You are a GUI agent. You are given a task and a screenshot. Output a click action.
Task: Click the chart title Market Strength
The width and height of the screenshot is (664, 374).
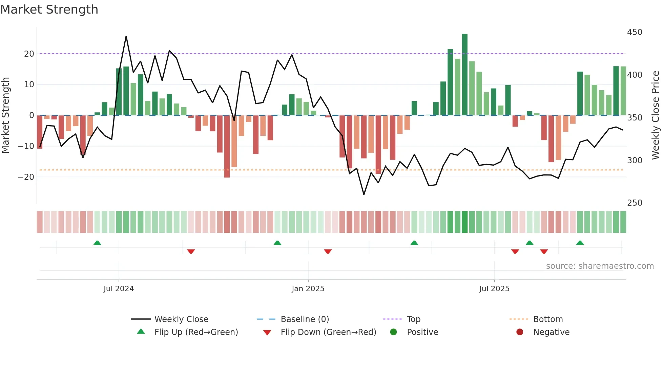pos(49,10)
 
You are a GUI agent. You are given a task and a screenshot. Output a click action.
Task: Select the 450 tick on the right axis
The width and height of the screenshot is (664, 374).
pos(635,32)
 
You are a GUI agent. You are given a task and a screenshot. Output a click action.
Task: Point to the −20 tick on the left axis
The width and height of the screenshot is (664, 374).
pos(26,177)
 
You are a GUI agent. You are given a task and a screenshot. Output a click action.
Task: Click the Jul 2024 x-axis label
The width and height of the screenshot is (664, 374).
pos(119,289)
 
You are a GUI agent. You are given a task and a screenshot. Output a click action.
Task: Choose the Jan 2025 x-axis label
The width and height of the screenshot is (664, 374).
pos(308,289)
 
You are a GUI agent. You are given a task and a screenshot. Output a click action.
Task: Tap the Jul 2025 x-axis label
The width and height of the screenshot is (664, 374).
pos(494,289)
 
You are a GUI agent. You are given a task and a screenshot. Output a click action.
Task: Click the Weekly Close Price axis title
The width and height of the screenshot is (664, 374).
pos(656,115)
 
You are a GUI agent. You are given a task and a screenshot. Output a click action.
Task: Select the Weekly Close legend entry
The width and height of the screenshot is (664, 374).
pos(181,319)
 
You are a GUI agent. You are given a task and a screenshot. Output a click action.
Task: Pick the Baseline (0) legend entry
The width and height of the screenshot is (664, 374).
pos(305,319)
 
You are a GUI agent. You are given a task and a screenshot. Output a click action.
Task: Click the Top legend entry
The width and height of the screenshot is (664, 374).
pos(413,319)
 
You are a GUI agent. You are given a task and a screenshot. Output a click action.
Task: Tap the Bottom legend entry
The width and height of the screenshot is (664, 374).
pos(548,319)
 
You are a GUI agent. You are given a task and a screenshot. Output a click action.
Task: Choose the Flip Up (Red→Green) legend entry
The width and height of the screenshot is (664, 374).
pos(196,332)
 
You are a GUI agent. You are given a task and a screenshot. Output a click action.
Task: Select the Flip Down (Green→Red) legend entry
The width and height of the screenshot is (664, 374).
pos(328,332)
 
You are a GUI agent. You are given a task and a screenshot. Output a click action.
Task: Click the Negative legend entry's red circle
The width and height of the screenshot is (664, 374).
pos(520,332)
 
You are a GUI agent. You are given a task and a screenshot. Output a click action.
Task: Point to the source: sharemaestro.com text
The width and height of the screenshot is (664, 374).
pos(600,266)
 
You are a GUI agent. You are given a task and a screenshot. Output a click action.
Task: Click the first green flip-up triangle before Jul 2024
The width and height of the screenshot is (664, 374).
pos(97,243)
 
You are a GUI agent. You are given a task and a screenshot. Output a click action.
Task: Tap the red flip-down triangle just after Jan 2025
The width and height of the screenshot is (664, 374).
pos(328,251)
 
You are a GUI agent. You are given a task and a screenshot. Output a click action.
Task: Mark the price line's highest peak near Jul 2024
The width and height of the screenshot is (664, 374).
pos(126,36)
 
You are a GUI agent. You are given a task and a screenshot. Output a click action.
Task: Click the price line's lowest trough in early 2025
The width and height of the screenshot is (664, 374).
pos(364,194)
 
